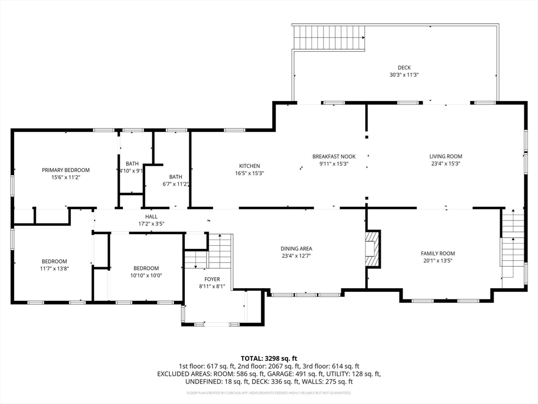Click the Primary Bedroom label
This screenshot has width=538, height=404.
tap(66, 170)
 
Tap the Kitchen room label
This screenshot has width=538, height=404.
tap(250, 166)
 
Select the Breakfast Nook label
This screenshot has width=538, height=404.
tap(334, 157)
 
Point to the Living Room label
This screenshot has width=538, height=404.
tap(446, 157)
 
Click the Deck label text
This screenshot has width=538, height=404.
tap(404, 68)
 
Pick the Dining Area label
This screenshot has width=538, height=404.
tap(296, 249)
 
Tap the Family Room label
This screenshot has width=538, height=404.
tap(438, 254)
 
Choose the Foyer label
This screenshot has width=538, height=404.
tap(212, 279)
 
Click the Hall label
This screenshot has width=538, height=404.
tap(151, 216)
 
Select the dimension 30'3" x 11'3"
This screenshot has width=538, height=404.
tap(404, 75)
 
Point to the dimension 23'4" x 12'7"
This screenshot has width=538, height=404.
tap(296, 256)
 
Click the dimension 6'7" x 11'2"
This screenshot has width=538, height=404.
tap(175, 184)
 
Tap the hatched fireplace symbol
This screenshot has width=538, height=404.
tap(373, 249)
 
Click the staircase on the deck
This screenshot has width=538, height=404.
tap(329, 37)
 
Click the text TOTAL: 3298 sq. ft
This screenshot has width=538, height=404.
tap(269, 359)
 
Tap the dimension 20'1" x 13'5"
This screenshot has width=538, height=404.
tap(438, 261)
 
